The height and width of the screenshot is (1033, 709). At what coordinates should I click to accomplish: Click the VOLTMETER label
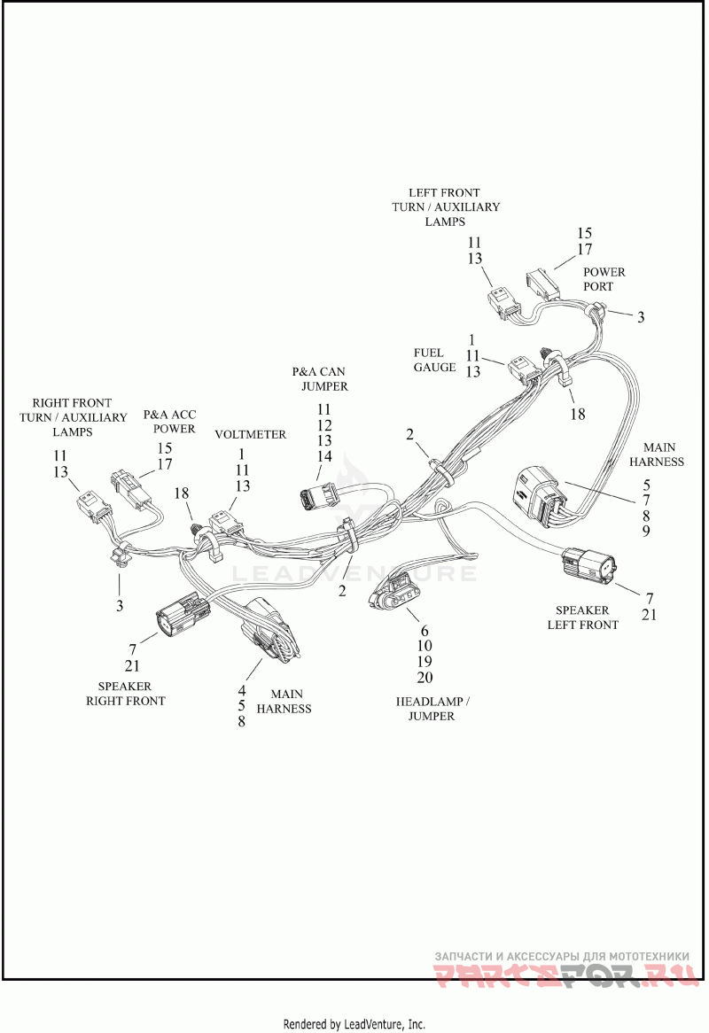click(x=251, y=435)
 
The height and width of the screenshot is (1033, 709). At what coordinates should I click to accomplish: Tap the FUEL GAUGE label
click(x=435, y=360)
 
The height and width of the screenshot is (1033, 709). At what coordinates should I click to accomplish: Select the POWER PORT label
click(x=604, y=279)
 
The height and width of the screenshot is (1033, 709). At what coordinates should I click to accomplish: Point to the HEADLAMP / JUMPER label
click(x=432, y=709)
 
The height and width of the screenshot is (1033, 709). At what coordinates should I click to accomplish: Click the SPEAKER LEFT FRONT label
click(x=583, y=617)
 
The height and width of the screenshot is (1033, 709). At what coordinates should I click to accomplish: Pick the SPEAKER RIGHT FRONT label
click(x=125, y=694)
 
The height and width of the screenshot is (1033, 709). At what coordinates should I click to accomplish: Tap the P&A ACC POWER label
click(x=170, y=422)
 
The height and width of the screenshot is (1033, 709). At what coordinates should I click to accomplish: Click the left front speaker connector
click(x=589, y=564)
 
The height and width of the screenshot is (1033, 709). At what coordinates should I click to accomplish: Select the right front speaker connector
click(x=182, y=614)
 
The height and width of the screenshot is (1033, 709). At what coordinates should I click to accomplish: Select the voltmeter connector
click(x=225, y=525)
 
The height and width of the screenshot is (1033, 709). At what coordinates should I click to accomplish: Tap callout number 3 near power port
click(x=641, y=317)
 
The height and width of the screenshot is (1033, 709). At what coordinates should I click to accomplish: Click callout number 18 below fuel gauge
click(x=577, y=414)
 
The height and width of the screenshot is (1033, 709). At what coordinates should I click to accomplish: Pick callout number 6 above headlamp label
click(x=425, y=631)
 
